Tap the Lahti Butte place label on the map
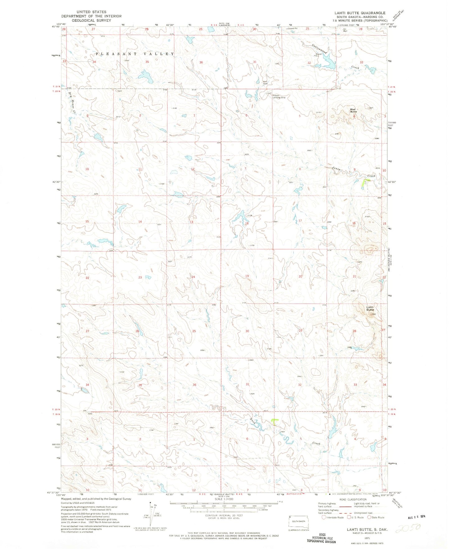click(370, 308)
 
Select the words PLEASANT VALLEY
click(135, 54)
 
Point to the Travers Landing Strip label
click(279, 97)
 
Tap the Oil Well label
click(345, 30)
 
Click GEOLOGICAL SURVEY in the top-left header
click(91, 20)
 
